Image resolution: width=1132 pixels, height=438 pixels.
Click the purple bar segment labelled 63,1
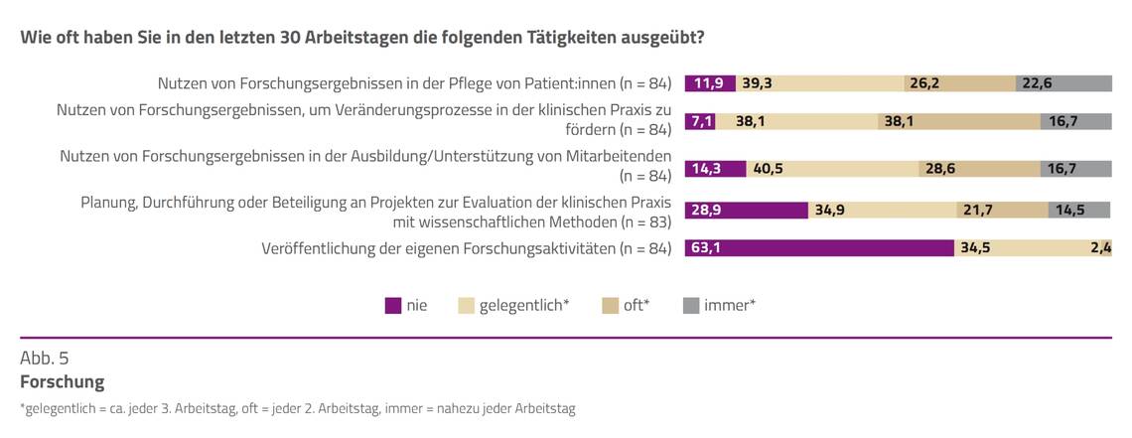819,248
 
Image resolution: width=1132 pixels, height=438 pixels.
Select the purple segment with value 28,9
747,210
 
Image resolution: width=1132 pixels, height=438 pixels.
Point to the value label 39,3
759,83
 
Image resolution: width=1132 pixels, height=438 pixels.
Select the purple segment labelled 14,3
707,169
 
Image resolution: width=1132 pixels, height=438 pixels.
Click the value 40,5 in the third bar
768,169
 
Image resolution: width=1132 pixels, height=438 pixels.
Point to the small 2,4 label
1100,248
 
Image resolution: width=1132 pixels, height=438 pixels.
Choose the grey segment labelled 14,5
1079,210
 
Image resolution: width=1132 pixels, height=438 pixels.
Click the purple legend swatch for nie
393,306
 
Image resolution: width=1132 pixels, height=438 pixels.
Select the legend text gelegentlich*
523,306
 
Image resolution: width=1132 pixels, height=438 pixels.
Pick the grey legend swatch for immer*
691,306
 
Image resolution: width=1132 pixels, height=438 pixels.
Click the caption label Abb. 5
45,358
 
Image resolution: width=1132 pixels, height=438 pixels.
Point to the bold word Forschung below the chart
62,381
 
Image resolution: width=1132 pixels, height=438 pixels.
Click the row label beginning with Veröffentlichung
467,248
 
